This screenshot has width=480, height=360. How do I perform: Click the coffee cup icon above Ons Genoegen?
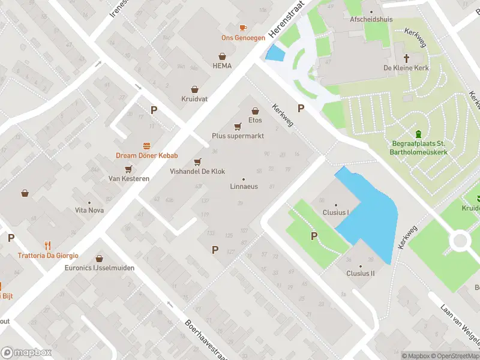(243, 28)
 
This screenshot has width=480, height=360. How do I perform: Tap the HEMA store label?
(221, 65)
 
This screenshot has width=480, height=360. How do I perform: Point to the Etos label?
(255, 120)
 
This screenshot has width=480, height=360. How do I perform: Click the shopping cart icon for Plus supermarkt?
(238, 127)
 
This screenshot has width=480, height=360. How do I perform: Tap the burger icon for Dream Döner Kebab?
(146, 146)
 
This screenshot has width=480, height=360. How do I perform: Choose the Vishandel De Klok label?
(197, 171)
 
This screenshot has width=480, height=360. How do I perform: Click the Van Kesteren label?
(125, 178)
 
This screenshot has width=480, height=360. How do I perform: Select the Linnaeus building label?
(244, 187)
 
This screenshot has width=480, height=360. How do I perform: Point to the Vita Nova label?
(89, 210)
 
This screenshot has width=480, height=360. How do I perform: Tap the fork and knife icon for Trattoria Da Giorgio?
(48, 245)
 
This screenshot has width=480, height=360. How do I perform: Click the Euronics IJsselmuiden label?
(100, 268)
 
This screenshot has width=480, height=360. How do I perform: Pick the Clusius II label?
(360, 273)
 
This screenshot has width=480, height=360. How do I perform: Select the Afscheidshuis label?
(371, 19)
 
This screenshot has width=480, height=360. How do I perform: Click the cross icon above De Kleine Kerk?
(406, 58)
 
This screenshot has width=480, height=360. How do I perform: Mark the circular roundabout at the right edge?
(461, 241)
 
